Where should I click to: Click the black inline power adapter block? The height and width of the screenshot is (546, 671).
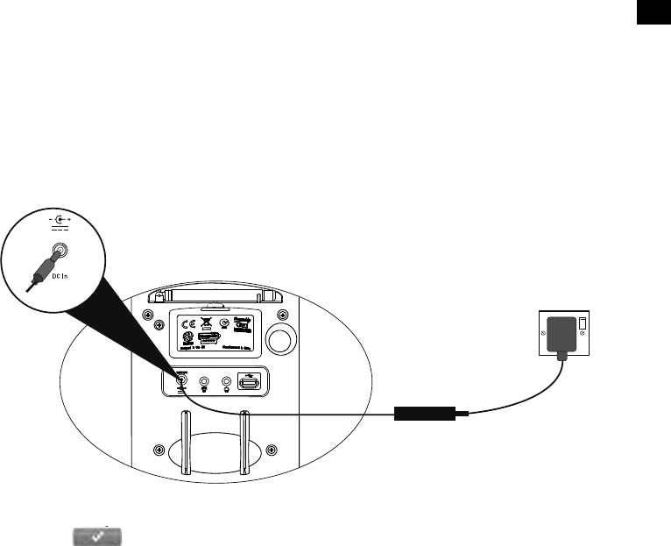tap(424, 412)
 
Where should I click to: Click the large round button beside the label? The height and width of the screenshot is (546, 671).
tap(280, 337)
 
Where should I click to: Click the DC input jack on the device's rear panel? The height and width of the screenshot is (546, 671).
tap(182, 382)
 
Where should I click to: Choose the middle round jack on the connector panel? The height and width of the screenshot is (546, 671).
tap(205, 382)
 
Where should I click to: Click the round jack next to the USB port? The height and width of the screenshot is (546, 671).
tap(228, 382)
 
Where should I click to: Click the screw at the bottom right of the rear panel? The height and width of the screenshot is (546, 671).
tap(272, 450)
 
